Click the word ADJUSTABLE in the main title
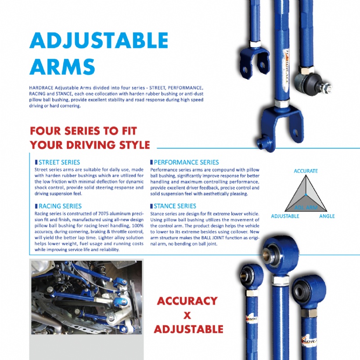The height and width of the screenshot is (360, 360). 99,40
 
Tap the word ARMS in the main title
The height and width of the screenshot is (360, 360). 62,66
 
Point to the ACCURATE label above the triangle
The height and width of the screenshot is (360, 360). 306,171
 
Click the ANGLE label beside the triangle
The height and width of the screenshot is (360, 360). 327,216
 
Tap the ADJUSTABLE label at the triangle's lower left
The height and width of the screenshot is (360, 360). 285,216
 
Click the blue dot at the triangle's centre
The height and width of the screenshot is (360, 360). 306,194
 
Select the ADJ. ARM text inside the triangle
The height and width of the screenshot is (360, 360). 306,208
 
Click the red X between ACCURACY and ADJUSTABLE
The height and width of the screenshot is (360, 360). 187,315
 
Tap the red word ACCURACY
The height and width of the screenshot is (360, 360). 187,301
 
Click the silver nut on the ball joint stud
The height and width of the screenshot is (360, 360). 327,88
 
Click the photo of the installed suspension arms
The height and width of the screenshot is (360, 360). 86,297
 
